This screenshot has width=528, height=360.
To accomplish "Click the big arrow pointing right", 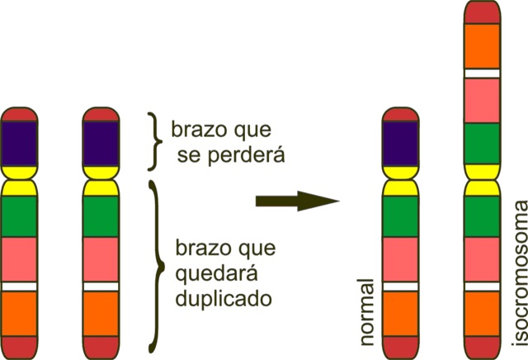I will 298,201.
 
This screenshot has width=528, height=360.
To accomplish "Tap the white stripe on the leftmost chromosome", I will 21,286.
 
